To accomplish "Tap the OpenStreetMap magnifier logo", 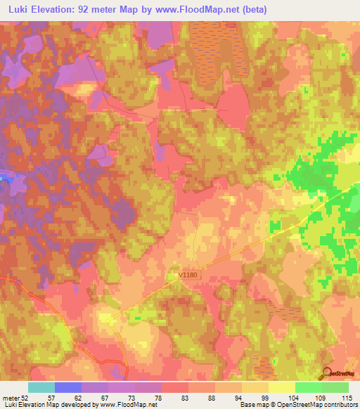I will click(328, 373).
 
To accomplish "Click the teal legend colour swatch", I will click(41, 387).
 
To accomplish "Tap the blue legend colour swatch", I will click(68, 387).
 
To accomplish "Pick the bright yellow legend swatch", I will click(281, 387).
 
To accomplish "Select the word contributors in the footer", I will click(338, 405).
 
